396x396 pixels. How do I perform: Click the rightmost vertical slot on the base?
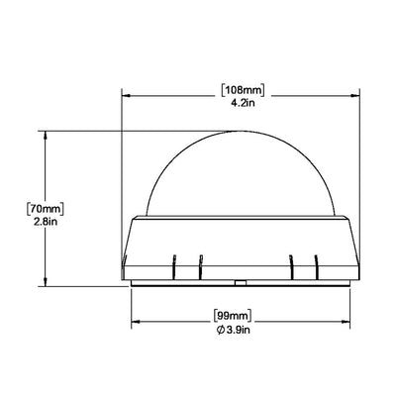coord(316,264)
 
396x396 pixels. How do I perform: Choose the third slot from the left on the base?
coord(291,264)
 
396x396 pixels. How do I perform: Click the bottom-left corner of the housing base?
coord(121,276)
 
